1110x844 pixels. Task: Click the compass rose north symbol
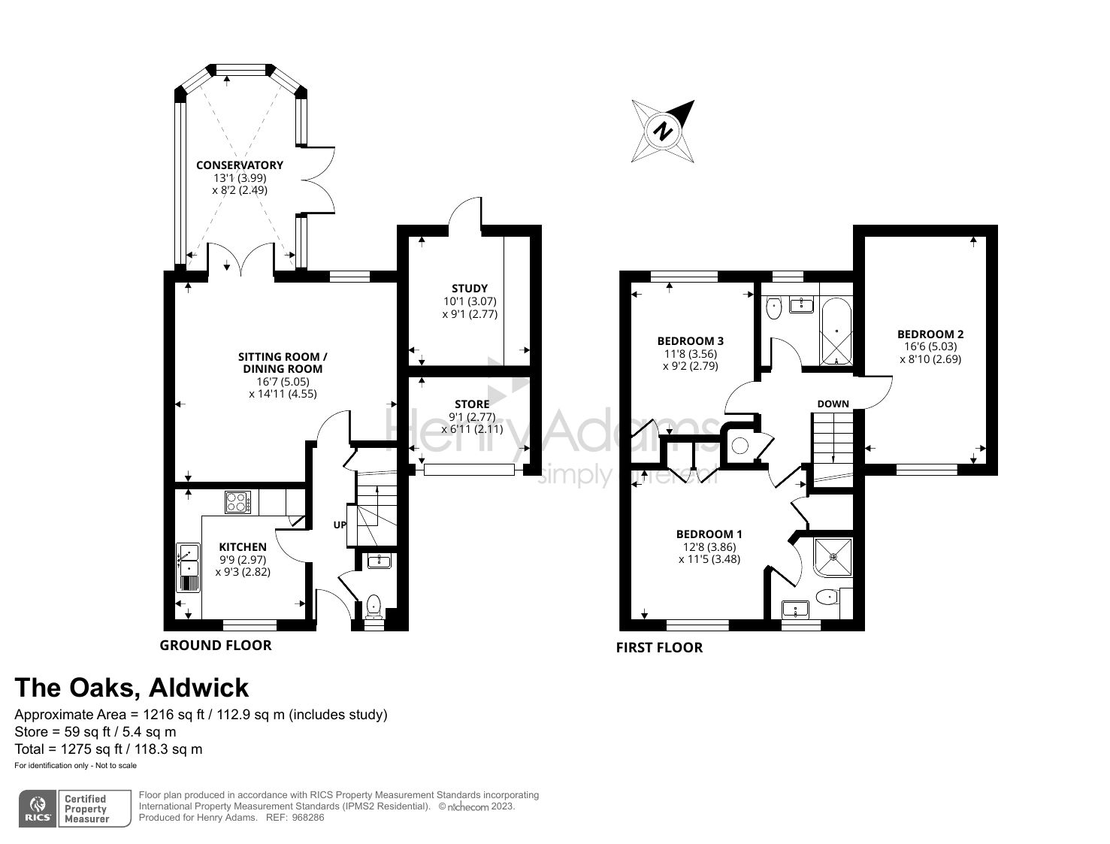click(662, 131)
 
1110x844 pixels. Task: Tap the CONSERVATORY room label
click(240, 165)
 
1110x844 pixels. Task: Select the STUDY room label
click(470, 288)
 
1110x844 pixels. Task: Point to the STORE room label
click(471, 404)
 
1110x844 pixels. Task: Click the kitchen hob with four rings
click(238, 502)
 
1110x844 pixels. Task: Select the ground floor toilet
click(374, 606)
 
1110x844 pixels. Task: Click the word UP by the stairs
click(340, 525)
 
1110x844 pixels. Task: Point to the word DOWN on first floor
click(833, 404)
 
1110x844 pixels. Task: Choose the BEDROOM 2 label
click(930, 334)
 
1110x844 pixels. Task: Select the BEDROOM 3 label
click(690, 341)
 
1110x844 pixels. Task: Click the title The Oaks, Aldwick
click(132, 688)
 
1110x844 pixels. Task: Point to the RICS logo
click(37, 809)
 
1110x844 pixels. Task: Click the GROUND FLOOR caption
click(216, 645)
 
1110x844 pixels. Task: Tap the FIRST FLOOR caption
click(659, 647)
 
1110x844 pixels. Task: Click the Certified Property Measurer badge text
click(86, 809)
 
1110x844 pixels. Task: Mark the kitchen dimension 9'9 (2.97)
click(243, 559)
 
